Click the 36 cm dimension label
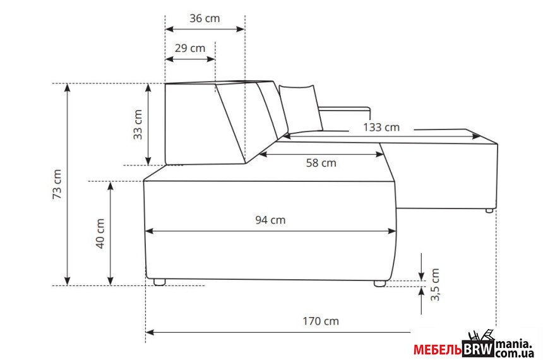point(205,18)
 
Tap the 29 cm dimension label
point(190,48)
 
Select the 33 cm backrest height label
point(138,124)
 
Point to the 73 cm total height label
point(57,184)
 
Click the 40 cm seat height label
point(100,234)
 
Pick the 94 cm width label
point(270,220)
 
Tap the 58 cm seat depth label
point(321,163)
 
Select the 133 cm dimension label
point(381,128)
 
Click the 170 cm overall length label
point(321,321)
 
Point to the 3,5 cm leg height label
point(435,284)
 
